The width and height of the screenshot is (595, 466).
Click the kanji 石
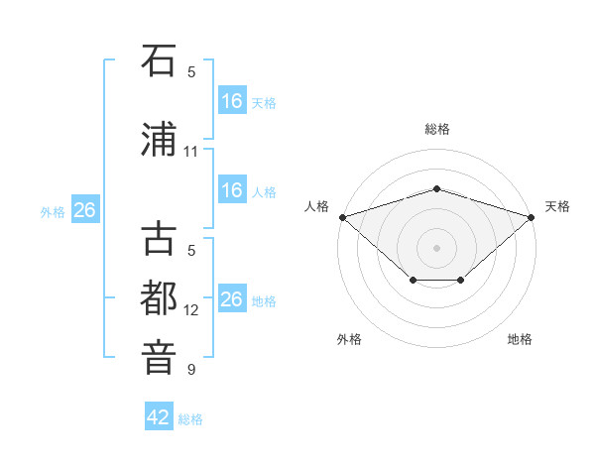click(x=159, y=60)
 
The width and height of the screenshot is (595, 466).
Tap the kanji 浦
click(x=159, y=139)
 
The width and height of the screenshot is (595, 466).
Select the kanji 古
click(x=159, y=238)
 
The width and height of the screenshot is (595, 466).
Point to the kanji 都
click(x=159, y=297)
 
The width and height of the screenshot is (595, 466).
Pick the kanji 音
click(x=159, y=358)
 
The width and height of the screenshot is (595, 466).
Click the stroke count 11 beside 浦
click(x=190, y=152)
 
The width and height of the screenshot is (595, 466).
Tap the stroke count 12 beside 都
click(x=190, y=310)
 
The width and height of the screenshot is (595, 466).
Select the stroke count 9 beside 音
click(x=191, y=369)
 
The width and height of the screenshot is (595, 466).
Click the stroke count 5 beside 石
click(x=191, y=72)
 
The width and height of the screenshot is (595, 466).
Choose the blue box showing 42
click(x=159, y=415)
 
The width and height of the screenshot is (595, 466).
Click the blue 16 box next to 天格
click(x=232, y=100)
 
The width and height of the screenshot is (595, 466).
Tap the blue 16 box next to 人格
click(x=232, y=189)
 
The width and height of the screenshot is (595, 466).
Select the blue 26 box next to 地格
click(x=232, y=297)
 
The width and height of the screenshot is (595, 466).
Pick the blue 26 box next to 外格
click(x=85, y=209)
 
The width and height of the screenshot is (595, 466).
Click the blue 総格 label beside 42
click(x=190, y=419)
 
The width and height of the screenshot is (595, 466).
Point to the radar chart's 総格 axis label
click(x=437, y=129)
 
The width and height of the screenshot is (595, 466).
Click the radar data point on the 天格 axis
click(x=532, y=217)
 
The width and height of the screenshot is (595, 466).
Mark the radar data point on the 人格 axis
click(x=343, y=217)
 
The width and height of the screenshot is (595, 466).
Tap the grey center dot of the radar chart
click(x=436, y=248)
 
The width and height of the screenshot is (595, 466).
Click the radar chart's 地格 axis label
click(x=520, y=339)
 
